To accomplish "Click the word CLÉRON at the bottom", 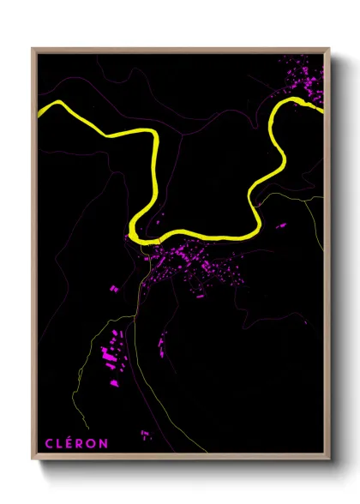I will [x=76, y=443].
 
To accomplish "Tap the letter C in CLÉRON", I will [x=49, y=443].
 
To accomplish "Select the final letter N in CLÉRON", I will [x=104, y=443].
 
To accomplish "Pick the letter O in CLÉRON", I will [x=93, y=443].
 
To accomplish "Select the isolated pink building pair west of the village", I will [x=114, y=289].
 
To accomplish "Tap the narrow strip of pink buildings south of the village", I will [x=160, y=346].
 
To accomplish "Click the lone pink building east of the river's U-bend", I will [x=280, y=226].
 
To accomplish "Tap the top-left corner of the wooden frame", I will [x=33, y=49].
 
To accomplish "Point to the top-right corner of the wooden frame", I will [x=329, y=49].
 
